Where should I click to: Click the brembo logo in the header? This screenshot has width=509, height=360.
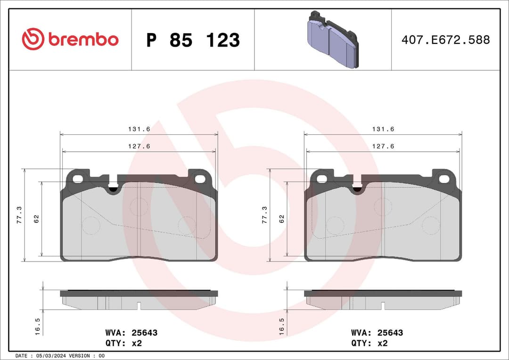[70, 40]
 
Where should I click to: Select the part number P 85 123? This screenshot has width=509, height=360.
[193, 40]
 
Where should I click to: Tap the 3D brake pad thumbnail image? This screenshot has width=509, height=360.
[332, 40]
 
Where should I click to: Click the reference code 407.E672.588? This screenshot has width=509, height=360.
[445, 40]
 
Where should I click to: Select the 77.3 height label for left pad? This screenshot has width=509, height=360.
[20, 215]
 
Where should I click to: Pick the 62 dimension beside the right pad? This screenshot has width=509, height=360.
[282, 219]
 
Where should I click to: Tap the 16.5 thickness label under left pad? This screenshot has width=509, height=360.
[38, 326]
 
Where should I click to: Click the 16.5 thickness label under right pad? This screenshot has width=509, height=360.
[282, 326]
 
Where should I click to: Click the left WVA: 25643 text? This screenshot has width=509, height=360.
[132, 333]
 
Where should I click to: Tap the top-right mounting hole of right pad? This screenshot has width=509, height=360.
[444, 179]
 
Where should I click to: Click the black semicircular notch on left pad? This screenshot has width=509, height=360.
[114, 189]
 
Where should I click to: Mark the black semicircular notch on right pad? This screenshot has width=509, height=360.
[358, 189]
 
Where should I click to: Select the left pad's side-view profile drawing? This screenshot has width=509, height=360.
[139, 300]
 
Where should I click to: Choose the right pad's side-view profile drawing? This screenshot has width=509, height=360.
[383, 300]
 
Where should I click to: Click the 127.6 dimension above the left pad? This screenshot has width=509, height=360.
[139, 146]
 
